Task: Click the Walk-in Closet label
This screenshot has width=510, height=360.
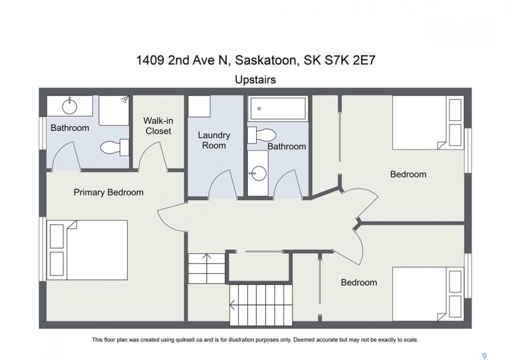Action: click(158, 125)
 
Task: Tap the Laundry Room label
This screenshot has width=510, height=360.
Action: click(214, 140)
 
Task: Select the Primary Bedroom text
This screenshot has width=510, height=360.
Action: click(108, 192)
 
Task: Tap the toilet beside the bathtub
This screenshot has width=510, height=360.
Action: click(261, 135)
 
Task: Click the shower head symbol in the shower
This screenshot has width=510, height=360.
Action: click(125, 99)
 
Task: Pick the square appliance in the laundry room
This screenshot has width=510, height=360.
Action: click(199, 106)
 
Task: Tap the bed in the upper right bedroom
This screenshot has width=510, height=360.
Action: click(428, 122)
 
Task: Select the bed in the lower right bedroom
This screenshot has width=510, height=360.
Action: click(428, 294)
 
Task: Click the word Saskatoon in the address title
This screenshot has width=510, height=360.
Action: click(265, 61)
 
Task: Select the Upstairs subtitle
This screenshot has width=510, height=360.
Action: click(255, 80)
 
